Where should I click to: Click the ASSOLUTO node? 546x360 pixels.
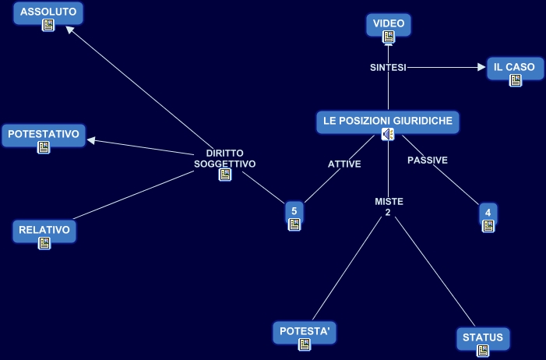[x=48, y=12]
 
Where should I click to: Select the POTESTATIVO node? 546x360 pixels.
[x=44, y=135]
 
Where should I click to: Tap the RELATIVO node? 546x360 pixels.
[x=44, y=230]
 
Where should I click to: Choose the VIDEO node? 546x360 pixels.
[x=388, y=24]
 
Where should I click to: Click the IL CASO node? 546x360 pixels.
[x=514, y=67]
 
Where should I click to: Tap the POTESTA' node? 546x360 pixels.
[x=305, y=331]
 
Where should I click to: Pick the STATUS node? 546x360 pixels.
[x=483, y=337]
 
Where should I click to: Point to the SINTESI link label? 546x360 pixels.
[x=388, y=68]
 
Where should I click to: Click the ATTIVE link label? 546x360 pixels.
[x=344, y=164]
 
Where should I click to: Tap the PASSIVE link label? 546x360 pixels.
[x=428, y=160]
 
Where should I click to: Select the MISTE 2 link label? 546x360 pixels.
[x=389, y=207]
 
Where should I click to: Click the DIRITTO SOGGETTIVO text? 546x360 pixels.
[x=224, y=158]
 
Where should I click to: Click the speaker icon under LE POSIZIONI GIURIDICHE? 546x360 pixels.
[x=388, y=135]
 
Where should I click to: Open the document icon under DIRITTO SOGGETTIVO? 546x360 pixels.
[x=224, y=175]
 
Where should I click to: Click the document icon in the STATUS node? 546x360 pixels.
[x=483, y=351]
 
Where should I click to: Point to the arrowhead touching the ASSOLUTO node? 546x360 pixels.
[x=70, y=30]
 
